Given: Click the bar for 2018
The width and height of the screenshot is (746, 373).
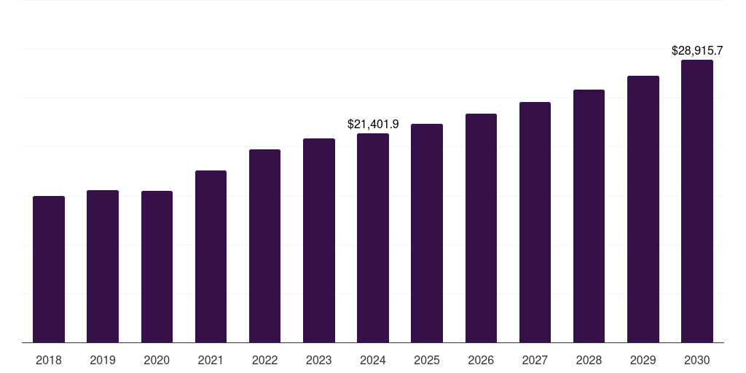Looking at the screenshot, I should pyautogui.click(x=49, y=269).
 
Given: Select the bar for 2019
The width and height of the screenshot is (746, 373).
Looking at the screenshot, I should pyautogui.click(x=103, y=266).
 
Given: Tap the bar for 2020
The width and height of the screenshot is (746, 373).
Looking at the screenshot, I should pyautogui.click(x=157, y=267).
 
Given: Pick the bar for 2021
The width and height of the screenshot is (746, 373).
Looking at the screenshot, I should pyautogui.click(x=211, y=256).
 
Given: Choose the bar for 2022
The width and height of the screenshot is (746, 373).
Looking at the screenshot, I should pyautogui.click(x=264, y=246).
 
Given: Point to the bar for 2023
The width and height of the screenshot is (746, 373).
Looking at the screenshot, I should pyautogui.click(x=319, y=240).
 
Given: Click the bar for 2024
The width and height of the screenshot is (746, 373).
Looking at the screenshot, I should pyautogui.click(x=373, y=237).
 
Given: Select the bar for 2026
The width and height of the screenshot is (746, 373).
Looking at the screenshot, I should pyautogui.click(x=481, y=228).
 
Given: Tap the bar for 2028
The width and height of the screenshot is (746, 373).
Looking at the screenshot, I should pyautogui.click(x=589, y=216).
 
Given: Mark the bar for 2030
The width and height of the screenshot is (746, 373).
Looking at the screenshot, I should pyautogui.click(x=697, y=201).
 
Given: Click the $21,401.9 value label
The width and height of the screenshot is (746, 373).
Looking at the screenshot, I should pyautogui.click(x=373, y=125).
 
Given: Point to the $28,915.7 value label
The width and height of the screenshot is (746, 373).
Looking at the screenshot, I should pyautogui.click(x=697, y=51).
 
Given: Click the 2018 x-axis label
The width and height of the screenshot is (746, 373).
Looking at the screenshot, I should pyautogui.click(x=49, y=360).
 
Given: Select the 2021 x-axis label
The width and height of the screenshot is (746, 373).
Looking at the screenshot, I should pyautogui.click(x=211, y=360).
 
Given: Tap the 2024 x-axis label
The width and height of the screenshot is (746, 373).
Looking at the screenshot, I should pyautogui.click(x=373, y=360).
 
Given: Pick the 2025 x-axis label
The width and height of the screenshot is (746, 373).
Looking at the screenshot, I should pyautogui.click(x=427, y=360).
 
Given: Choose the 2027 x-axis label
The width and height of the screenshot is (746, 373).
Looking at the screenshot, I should pyautogui.click(x=535, y=360).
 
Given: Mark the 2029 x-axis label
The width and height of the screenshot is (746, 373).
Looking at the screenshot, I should pyautogui.click(x=643, y=360).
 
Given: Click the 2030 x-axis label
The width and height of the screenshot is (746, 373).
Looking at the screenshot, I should pyautogui.click(x=697, y=360).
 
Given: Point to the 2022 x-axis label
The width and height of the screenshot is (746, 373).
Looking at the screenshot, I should pyautogui.click(x=264, y=360).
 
